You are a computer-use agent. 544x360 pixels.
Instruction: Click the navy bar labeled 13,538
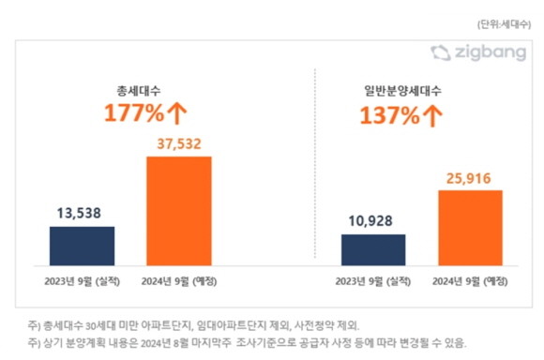pyautogui.click(x=82, y=246)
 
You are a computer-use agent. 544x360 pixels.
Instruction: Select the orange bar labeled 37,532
pyautogui.click(x=179, y=211)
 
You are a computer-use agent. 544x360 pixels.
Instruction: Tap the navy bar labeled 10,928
pyautogui.click(x=373, y=249)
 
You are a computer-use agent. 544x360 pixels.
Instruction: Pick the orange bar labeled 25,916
pyautogui.click(x=471, y=228)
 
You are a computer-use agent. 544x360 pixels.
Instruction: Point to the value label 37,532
pyautogui.click(x=179, y=143)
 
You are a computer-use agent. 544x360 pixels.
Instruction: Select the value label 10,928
pyautogui.click(x=373, y=221)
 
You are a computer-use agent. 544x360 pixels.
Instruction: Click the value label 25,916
pyautogui.click(x=471, y=177)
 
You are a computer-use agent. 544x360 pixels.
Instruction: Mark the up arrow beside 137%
pyautogui.click(x=432, y=117)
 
